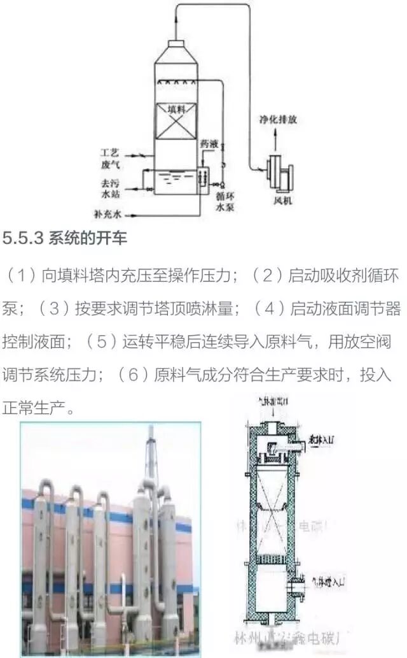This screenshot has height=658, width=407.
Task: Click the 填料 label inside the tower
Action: (x=176, y=110)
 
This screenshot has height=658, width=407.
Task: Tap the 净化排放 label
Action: (x=258, y=119)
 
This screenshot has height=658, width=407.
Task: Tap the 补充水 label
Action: (x=107, y=215)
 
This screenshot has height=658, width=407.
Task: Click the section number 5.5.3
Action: (x=24, y=239)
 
